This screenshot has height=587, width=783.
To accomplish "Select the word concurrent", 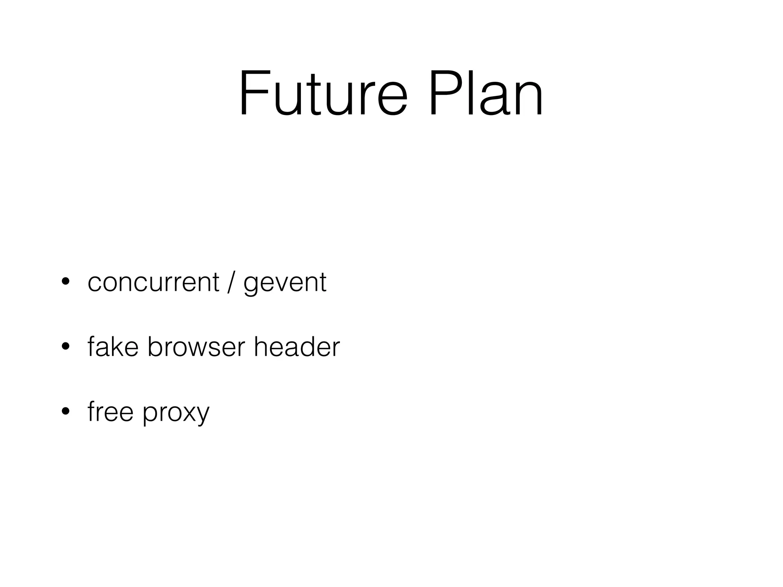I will (x=153, y=282).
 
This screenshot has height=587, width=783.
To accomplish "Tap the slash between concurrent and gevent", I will (x=230, y=282).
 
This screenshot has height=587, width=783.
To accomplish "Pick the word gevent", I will (x=285, y=284).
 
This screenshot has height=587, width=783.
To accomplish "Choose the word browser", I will (x=196, y=347).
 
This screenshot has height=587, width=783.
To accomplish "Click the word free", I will (x=110, y=412).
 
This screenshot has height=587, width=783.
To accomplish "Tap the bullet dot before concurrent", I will (x=65, y=282).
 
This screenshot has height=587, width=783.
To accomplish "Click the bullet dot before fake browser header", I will (x=65, y=347).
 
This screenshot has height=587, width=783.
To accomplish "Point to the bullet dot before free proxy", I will (x=65, y=412).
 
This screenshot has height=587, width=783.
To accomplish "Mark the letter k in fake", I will (x=119, y=347).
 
